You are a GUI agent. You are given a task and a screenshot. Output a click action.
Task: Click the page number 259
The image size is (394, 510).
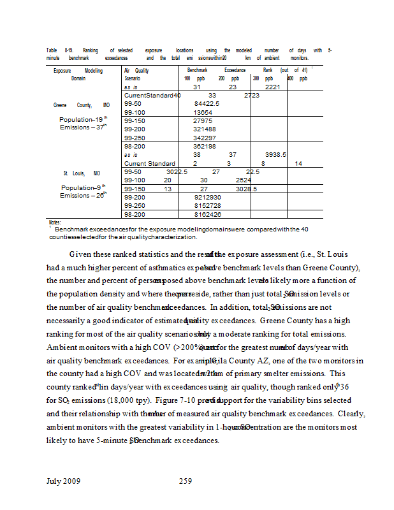coord(185,481)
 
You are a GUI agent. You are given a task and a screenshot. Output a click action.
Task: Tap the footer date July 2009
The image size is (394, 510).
coord(63,481)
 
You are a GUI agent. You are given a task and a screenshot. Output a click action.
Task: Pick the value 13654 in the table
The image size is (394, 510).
coord(203,112)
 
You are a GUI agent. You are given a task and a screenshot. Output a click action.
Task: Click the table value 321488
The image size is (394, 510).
coord(205,129)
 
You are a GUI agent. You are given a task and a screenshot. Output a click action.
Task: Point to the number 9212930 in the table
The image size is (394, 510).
coord(208,198)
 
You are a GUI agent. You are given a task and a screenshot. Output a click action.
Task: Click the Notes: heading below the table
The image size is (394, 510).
coord(54,222)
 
